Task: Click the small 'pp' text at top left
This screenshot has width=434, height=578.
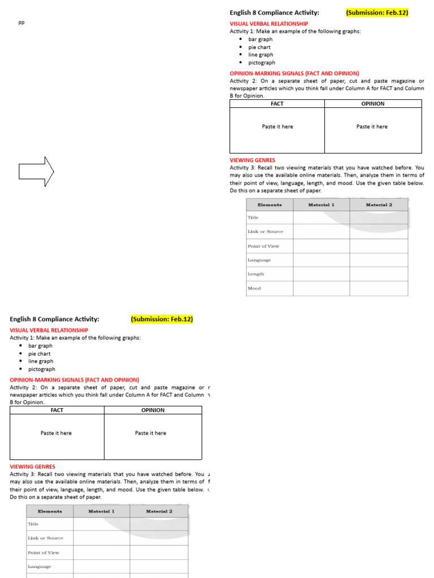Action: pos(21,23)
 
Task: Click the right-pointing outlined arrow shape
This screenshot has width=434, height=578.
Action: pos(36,170)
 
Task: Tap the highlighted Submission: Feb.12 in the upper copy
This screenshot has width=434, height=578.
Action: pos(377,12)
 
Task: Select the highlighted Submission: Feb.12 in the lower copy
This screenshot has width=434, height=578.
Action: pos(162,319)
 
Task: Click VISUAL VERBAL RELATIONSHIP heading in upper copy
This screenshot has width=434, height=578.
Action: pos(268,24)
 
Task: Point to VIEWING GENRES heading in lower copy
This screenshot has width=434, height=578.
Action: pos(33,467)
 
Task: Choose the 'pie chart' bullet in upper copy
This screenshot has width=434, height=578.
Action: pos(259,47)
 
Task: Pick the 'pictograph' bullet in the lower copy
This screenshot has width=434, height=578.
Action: pos(42,369)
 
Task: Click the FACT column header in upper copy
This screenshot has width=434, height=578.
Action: pos(277,104)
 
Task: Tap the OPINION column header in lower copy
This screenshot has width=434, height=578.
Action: pos(153,410)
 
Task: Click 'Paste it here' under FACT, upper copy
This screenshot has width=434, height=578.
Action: pos(277,127)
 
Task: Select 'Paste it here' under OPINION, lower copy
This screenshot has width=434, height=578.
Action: pos(150,433)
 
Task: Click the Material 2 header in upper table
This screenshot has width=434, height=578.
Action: pos(378,205)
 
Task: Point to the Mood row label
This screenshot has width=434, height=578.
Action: pos(254,288)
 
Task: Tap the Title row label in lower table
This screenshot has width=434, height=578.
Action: pos(33,524)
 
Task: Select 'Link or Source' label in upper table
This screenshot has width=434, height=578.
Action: pos(265,232)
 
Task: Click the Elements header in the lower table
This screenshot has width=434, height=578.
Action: pos(50,511)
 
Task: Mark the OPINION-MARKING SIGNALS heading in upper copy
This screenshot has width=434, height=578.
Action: pos(294,73)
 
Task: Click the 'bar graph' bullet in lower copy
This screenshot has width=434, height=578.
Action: pos(40,346)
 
